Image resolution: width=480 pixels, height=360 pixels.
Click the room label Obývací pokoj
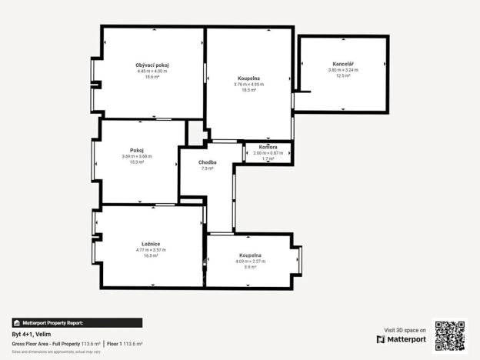pos(152,65)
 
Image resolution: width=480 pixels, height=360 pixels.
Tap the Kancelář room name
pos(343,63)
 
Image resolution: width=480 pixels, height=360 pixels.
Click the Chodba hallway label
pos(207,162)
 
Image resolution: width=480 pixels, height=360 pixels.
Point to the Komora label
pos(268,146)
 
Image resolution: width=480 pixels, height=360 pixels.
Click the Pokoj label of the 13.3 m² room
pos(137,150)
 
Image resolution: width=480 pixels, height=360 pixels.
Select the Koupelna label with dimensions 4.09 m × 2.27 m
pos(250,255)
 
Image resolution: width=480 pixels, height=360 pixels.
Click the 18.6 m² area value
pos(152,77)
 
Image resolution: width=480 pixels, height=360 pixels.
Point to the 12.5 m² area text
pos(343,75)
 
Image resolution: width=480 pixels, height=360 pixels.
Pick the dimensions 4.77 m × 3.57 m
pos(150,250)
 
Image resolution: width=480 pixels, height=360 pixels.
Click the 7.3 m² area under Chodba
pos(207,168)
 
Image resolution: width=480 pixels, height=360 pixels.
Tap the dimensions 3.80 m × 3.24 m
pos(343,69)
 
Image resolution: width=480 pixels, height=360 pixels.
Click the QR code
pos(449,336)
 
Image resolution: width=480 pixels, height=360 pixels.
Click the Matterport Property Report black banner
pos(77,323)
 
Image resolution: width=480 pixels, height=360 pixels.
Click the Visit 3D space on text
pos(405,329)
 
